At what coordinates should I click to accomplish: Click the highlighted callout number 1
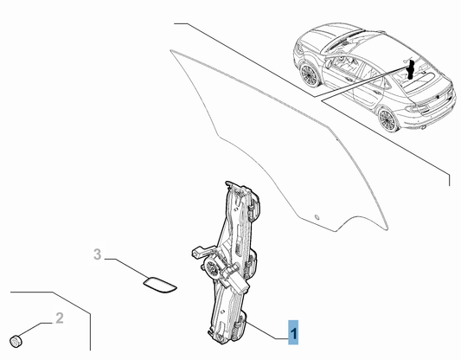(x=295, y=331)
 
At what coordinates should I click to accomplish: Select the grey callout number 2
(x=60, y=318)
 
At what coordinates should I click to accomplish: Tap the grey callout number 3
(x=98, y=254)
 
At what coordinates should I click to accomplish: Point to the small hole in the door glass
(x=317, y=214)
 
